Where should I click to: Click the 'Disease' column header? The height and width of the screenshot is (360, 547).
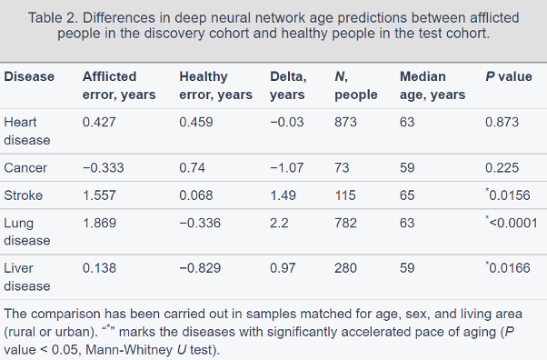[29, 76]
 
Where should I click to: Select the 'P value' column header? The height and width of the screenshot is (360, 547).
[509, 76]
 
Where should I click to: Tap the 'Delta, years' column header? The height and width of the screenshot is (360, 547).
[288, 85]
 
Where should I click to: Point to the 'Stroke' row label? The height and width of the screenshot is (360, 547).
[24, 195]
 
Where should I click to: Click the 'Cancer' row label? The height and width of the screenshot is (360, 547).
[25, 167]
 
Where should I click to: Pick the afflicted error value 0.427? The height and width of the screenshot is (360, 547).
[99, 122]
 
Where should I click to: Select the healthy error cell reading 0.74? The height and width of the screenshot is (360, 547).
[193, 167]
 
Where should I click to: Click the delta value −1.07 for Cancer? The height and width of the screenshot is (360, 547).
[287, 167]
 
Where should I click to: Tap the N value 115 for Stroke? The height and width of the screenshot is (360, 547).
[345, 195]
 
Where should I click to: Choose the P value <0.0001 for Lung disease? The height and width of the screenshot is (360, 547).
[512, 223]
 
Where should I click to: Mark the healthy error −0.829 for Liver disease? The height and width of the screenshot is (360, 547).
[200, 268]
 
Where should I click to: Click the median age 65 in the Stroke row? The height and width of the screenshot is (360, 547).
[407, 195]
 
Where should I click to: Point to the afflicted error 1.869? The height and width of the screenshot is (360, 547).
[99, 223]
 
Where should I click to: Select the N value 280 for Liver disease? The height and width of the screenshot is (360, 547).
[345, 268]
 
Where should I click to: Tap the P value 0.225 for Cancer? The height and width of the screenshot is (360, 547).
[502, 167]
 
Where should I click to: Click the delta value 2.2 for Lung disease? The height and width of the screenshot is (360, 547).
[279, 223]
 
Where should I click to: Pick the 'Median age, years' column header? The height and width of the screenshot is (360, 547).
[433, 85]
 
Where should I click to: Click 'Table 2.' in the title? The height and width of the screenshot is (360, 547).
[53, 18]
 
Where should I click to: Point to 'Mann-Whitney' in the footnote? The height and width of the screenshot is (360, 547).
[129, 349]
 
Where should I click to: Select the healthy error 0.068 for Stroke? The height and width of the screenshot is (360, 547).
[196, 195]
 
